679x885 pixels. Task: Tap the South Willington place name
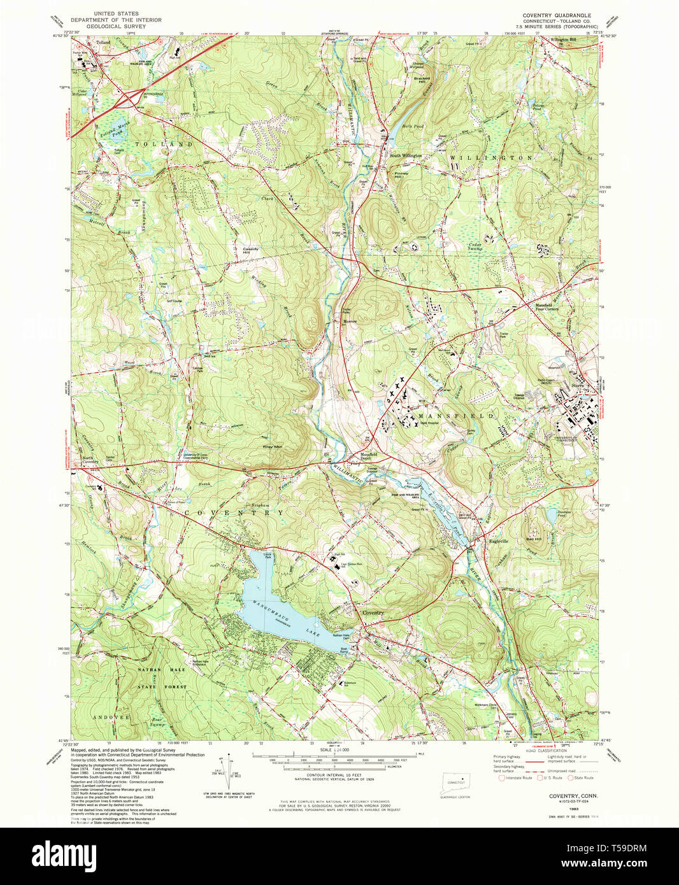click(406, 155)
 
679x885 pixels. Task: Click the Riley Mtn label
click(273, 446)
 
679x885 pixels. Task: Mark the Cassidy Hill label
click(250, 250)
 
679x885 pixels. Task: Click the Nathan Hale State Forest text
click(162, 678)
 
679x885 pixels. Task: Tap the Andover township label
click(113, 717)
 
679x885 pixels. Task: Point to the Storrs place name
click(578, 385)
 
